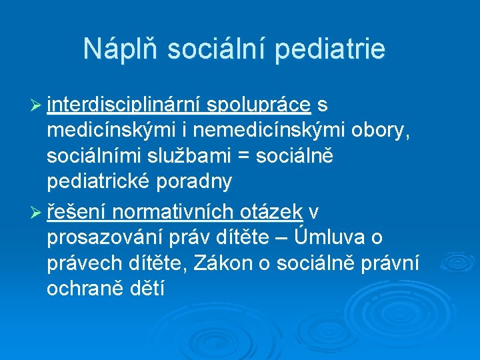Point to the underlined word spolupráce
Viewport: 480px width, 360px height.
click(259, 104)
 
